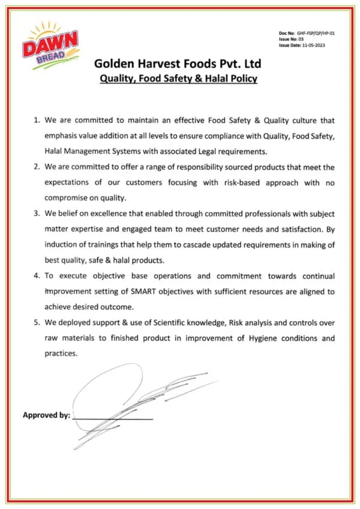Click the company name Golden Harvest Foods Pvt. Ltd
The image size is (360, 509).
178,64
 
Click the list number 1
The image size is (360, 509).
37,120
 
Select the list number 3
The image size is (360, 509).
37,214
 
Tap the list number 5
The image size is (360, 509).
37,323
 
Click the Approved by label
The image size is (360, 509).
46,415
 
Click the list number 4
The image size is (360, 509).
37,276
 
